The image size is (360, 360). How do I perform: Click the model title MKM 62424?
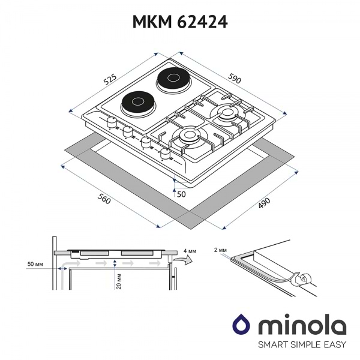pos(179,22)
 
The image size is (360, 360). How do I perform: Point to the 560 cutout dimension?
pos(103,200)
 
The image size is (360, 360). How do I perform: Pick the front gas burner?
pos(189,136)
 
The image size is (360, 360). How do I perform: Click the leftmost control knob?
pos(111,122)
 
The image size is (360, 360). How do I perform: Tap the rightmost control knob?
pos(165,155)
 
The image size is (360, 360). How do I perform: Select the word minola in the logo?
pos(302,325)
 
